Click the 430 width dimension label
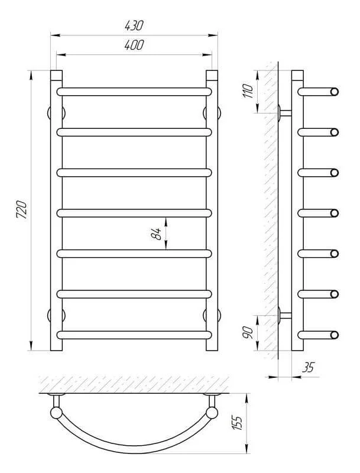(134, 25)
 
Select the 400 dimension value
(134, 45)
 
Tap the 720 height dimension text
(22, 209)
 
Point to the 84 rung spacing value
(156, 234)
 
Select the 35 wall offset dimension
(308, 367)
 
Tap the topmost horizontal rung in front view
(134, 92)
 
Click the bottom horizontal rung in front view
(134, 335)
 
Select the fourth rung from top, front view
(134, 213)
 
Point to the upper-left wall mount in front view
(56, 113)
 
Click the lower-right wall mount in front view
(212, 315)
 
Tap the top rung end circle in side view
(335, 92)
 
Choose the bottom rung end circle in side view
(335, 335)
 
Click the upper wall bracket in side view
(285, 113)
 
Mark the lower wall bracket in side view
(285, 316)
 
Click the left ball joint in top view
(56, 413)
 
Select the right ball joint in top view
(212, 413)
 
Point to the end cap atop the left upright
(56, 76)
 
